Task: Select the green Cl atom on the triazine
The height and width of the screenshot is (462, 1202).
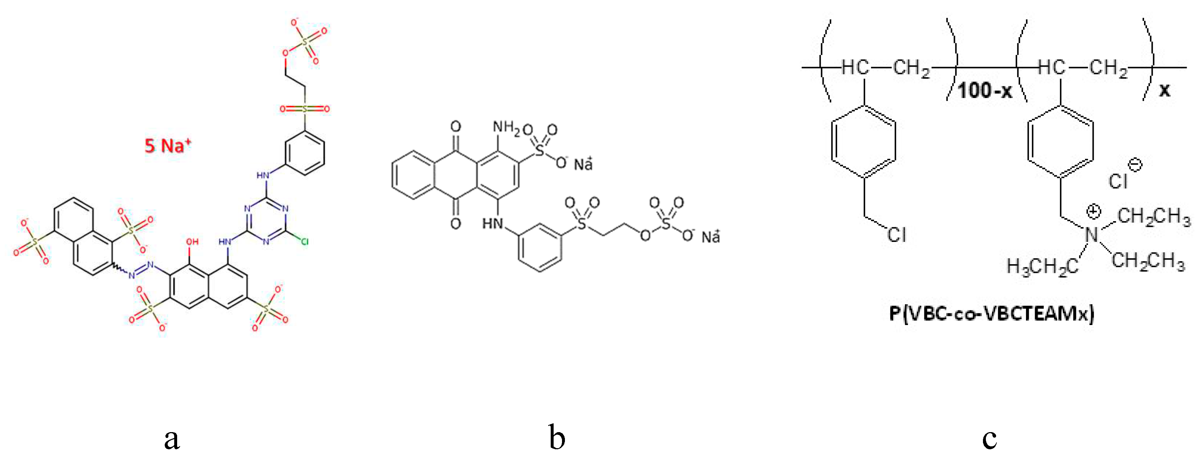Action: [304, 241]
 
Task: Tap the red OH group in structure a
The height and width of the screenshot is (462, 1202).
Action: [192, 241]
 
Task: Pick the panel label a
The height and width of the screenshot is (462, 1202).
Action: [172, 439]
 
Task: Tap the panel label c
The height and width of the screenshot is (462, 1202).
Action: [989, 439]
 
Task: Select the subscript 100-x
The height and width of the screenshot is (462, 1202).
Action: [984, 90]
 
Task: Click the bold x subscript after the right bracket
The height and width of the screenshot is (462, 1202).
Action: [1165, 90]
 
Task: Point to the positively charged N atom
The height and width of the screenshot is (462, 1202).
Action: [1092, 234]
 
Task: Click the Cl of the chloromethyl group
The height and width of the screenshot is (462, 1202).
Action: [896, 234]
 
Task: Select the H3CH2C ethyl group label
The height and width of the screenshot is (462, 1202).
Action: [1042, 267]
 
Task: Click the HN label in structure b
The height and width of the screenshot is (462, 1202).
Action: [493, 224]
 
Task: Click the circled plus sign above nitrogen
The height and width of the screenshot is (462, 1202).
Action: [1093, 211]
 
